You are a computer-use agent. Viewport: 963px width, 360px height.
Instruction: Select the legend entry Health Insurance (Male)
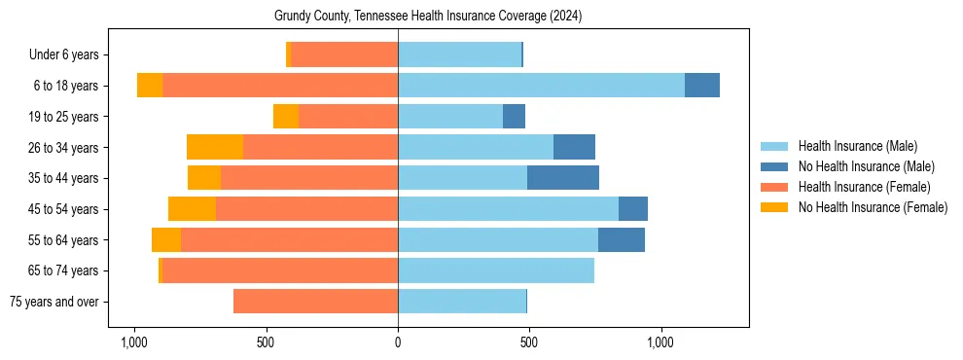pos(857,146)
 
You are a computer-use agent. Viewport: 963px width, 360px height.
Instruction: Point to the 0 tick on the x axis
pos(398,343)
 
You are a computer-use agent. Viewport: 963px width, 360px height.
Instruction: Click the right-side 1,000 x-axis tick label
pos(660,343)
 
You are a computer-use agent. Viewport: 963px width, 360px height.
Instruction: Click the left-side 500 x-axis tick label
pos(266,343)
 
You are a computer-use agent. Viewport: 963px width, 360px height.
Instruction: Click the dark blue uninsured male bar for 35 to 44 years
pos(563,178)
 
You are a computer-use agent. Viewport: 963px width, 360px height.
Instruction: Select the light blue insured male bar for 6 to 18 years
pos(541,86)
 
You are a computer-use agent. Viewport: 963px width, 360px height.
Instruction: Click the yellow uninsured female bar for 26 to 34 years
pos(215,147)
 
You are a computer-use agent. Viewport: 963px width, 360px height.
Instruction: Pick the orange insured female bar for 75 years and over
pos(315,302)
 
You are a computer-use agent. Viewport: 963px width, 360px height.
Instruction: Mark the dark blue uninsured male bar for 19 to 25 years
pos(514,117)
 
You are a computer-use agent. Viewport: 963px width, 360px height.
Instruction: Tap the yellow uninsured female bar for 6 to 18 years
pos(150,86)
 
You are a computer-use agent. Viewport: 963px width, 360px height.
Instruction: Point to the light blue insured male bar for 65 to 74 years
pos(496,270)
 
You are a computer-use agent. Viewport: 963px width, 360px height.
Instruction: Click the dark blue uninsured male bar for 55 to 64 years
pos(622,239)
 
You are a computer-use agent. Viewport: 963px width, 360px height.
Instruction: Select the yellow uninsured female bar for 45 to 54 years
pos(192,209)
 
